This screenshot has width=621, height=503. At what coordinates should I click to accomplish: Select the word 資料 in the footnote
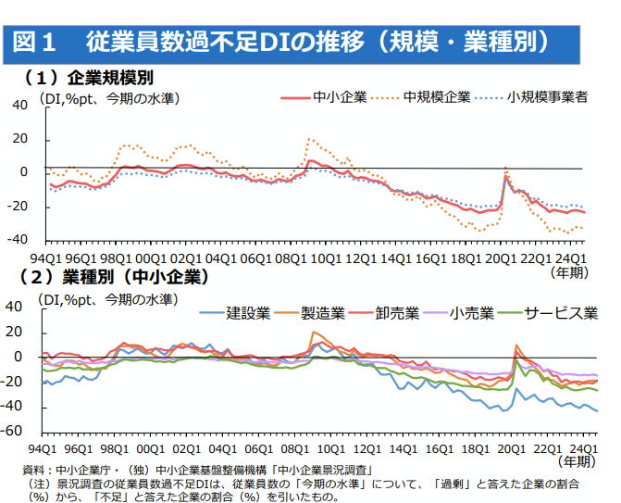click(33, 471)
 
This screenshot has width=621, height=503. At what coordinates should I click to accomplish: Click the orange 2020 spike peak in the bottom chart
click(515, 346)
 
